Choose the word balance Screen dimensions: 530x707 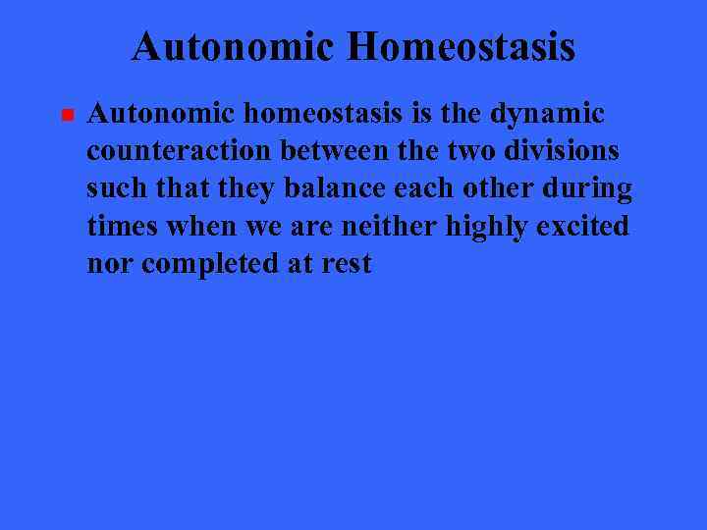334,188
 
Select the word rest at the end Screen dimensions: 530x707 347,263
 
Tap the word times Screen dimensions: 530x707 124,226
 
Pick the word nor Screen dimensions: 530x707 108,263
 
